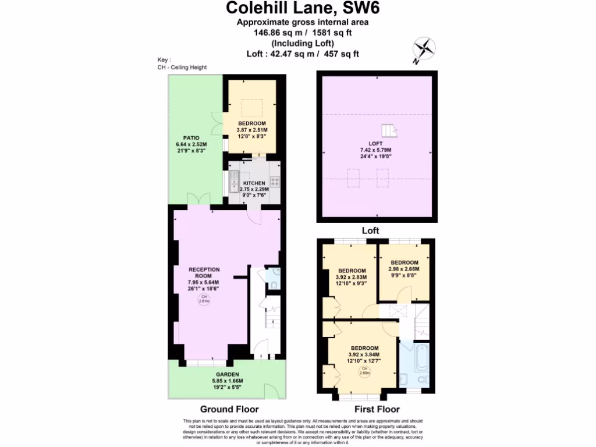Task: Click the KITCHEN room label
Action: [x=254, y=182]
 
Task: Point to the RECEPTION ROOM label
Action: [x=204, y=273]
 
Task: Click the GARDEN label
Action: [x=227, y=374]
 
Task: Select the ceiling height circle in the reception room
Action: [x=204, y=300]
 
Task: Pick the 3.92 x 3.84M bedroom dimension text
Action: [x=364, y=354]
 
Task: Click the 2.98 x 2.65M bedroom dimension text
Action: [x=404, y=269]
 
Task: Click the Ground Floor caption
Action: [x=229, y=409]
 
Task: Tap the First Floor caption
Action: [x=377, y=409]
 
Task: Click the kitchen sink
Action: [x=234, y=181]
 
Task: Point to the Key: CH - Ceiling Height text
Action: [x=182, y=63]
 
